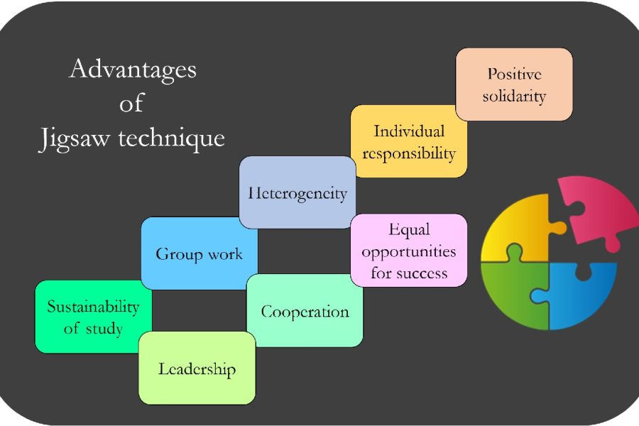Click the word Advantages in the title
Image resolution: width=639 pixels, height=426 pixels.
pyautogui.click(x=133, y=70)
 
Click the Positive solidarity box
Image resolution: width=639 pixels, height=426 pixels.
pyautogui.click(x=514, y=84)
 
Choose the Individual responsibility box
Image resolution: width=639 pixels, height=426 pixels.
pyautogui.click(x=409, y=141)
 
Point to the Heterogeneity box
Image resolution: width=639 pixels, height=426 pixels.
pyautogui.click(x=297, y=192)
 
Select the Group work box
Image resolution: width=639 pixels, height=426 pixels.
pyautogui.click(x=199, y=253)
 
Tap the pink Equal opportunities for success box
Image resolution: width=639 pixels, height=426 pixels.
pyautogui.click(x=409, y=251)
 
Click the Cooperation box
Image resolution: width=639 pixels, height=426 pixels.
pyautogui.click(x=305, y=311)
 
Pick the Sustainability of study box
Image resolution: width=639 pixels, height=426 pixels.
pyautogui.click(x=93, y=317)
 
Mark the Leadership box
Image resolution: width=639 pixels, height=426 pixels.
pyautogui.click(x=197, y=368)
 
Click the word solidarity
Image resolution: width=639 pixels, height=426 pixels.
pyautogui.click(x=514, y=95)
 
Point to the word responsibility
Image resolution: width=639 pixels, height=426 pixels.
pyautogui.click(x=409, y=152)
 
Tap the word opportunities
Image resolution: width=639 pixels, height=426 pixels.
pyautogui.click(x=409, y=251)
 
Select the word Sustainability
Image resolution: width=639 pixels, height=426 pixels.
pyautogui.click(x=93, y=307)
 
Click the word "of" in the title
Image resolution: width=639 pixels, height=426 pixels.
pyautogui.click(x=131, y=104)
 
